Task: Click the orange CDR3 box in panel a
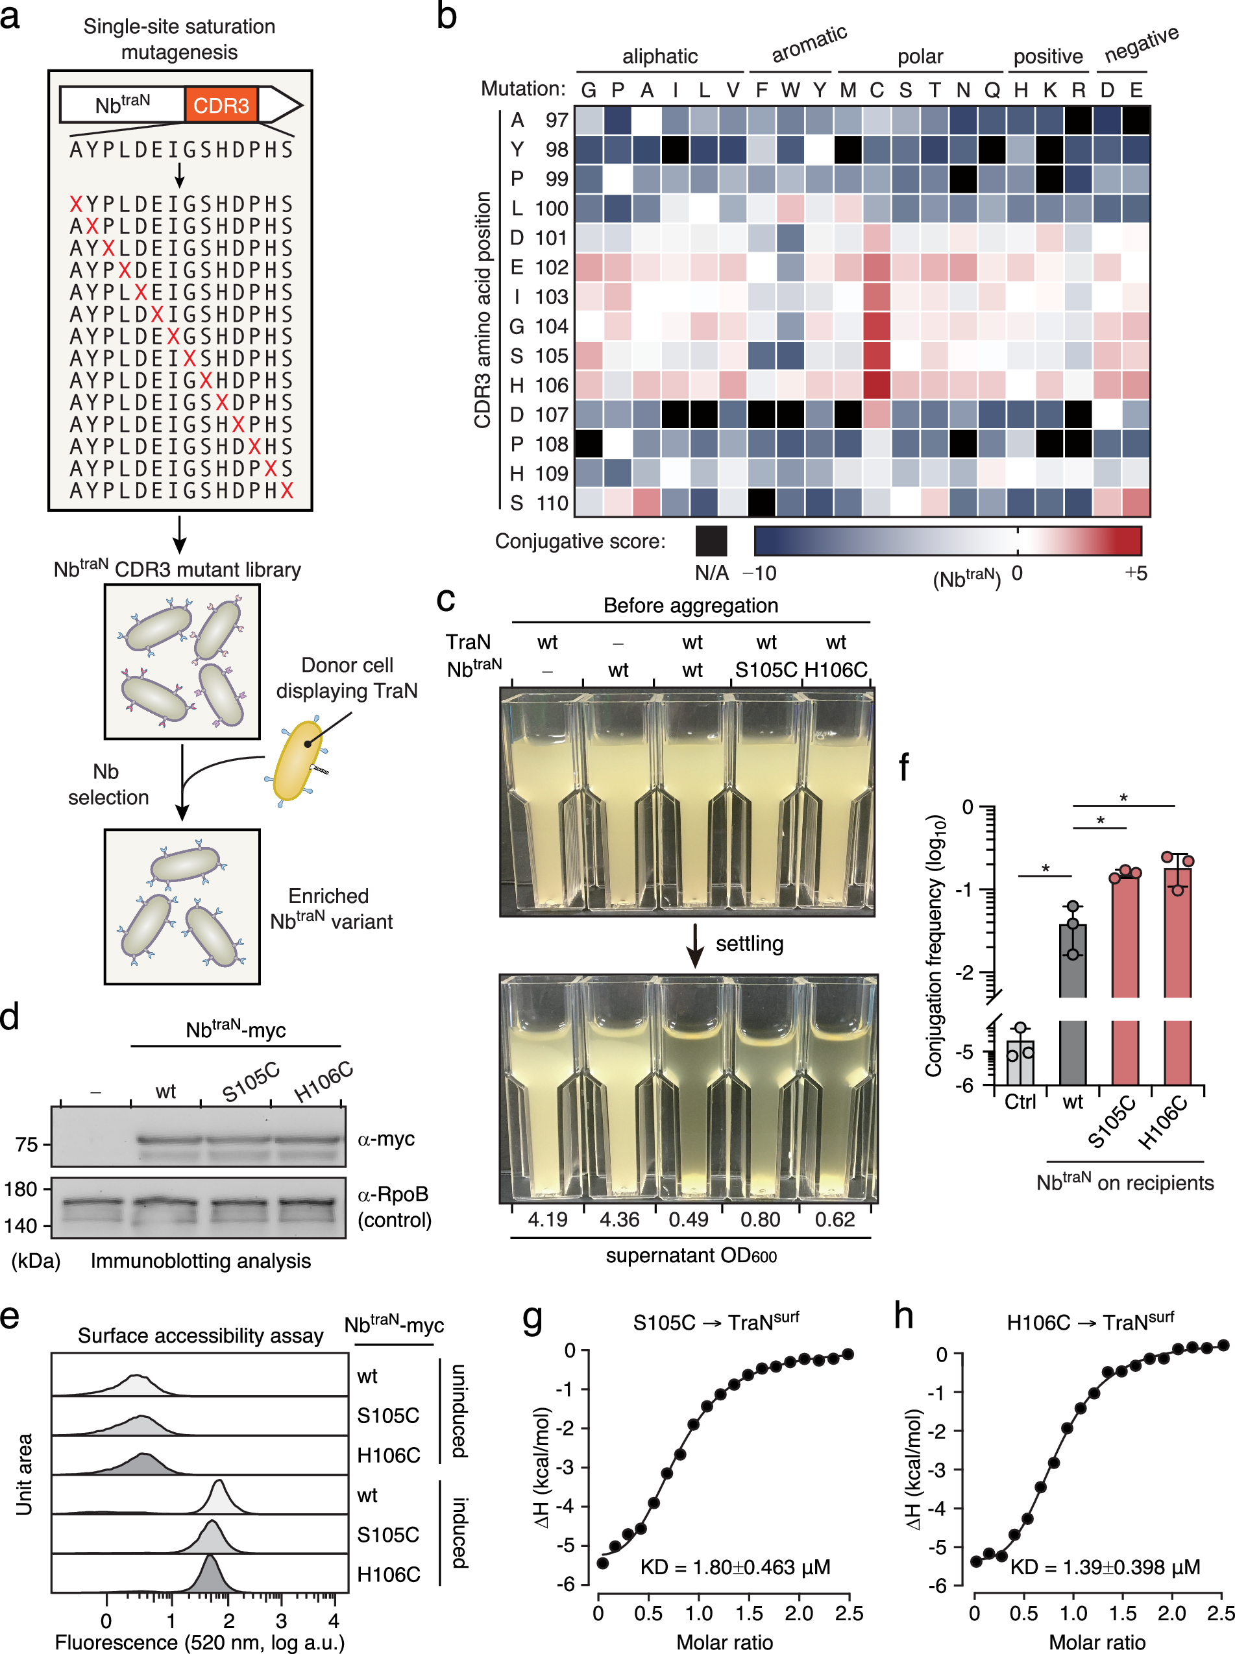pyautogui.click(x=221, y=105)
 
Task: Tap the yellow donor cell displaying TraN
pyautogui.click(x=297, y=760)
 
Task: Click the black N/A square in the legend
pyautogui.click(x=710, y=540)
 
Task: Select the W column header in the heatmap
pyautogui.click(x=790, y=90)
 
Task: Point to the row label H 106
pyautogui.click(x=538, y=385)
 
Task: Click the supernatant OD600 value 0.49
pyautogui.click(x=689, y=1219)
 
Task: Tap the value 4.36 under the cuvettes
pyautogui.click(x=619, y=1219)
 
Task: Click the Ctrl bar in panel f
pyautogui.click(x=1020, y=1062)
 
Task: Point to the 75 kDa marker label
pyautogui.click(x=26, y=1144)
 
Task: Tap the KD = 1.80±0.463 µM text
pyautogui.click(x=735, y=1566)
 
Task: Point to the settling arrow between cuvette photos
pyautogui.click(x=695, y=945)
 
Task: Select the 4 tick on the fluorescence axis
pyautogui.click(x=334, y=1620)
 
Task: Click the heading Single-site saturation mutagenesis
pyautogui.click(x=179, y=39)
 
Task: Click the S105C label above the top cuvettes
pyautogui.click(x=766, y=669)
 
